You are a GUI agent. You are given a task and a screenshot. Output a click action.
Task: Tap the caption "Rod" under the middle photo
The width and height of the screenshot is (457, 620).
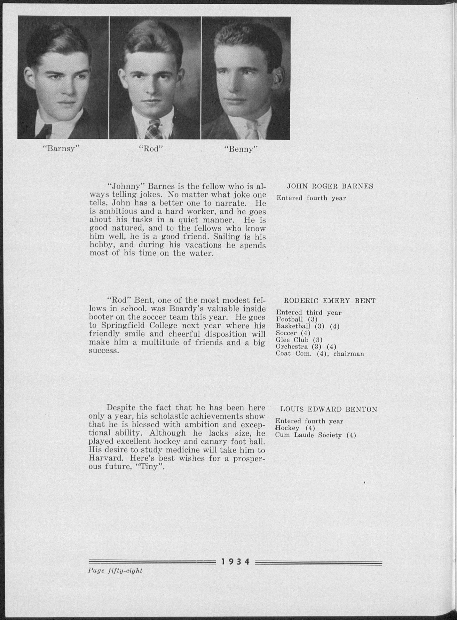click(150, 149)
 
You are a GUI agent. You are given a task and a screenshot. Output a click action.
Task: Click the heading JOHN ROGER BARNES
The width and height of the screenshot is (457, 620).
click(330, 186)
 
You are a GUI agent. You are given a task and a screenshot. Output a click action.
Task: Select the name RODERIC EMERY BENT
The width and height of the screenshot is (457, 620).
click(330, 301)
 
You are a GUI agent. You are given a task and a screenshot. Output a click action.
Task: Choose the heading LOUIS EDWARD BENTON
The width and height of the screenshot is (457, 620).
click(329, 409)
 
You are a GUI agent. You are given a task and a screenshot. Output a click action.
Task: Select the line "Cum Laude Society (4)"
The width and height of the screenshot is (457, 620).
click(315, 435)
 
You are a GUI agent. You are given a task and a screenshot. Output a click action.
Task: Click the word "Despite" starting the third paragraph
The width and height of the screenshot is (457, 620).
click(121, 408)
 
